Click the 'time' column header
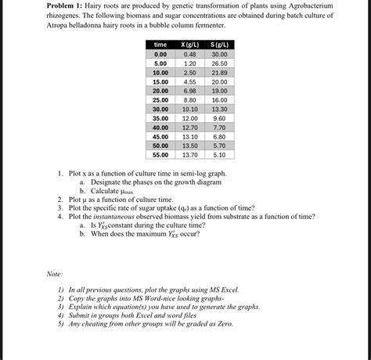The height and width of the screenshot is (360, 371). click(160, 45)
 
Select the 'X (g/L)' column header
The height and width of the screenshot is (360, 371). click(189, 45)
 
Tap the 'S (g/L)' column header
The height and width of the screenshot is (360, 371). click(219, 45)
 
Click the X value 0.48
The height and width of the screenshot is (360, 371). click(189, 54)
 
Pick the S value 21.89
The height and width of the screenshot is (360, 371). click(219, 72)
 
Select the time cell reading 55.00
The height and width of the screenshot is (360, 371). click(160, 154)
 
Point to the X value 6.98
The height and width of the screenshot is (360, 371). click(189, 91)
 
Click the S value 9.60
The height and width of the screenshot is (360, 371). click(219, 118)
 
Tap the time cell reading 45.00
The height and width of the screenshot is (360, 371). click(160, 136)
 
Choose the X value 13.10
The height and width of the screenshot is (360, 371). click(189, 136)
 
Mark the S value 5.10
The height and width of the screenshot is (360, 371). click(219, 154)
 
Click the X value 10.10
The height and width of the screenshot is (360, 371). click(189, 109)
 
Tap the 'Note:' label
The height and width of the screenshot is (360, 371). click(54, 274)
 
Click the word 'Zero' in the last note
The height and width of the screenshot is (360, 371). click(224, 324)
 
